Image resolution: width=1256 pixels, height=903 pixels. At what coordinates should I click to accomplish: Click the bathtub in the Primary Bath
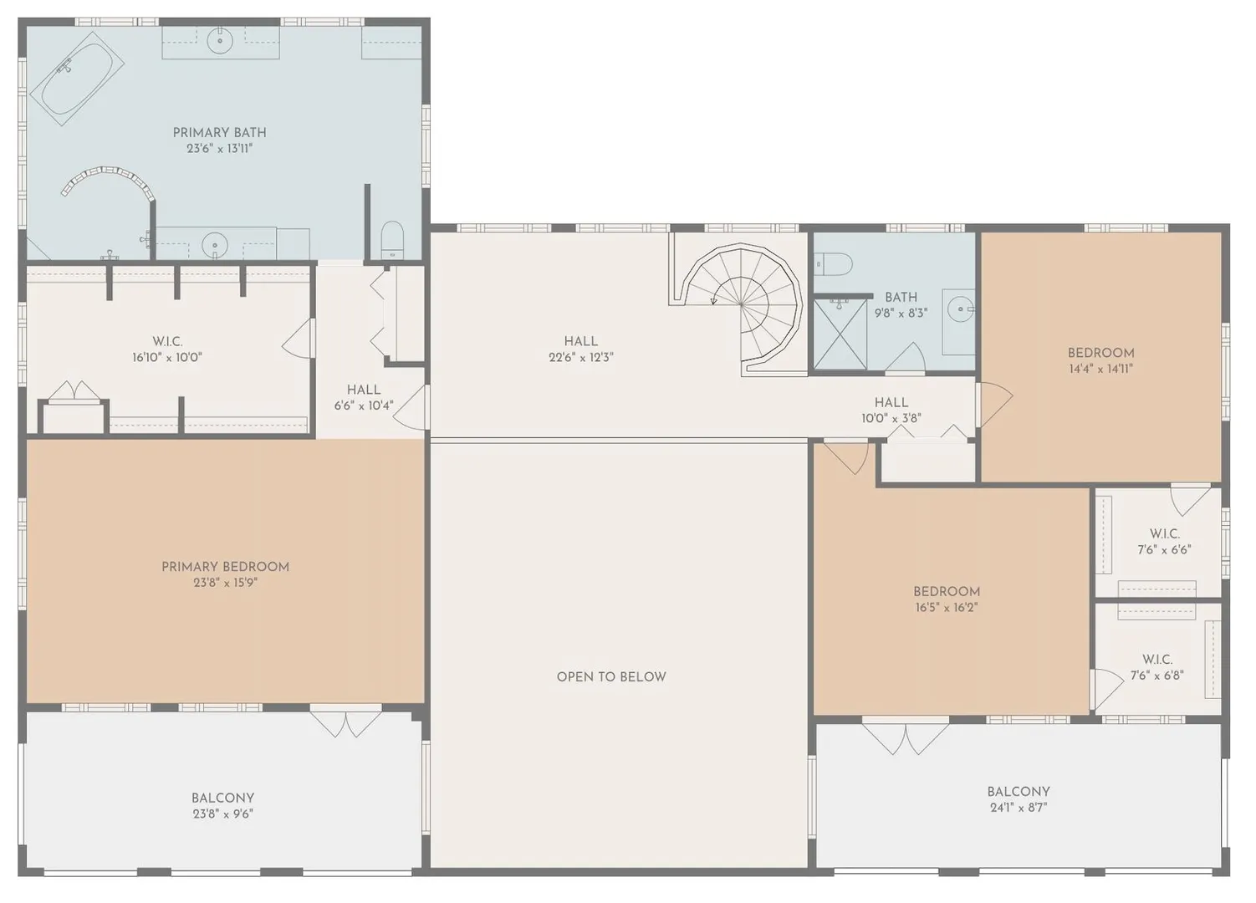[77, 79]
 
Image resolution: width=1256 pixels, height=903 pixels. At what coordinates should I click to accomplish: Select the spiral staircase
[741, 305]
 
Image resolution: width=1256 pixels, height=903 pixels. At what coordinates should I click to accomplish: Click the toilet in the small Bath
[833, 263]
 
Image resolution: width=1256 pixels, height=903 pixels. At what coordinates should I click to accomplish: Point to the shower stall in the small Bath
[840, 334]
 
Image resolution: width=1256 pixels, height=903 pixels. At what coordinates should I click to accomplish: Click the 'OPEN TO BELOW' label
[611, 677]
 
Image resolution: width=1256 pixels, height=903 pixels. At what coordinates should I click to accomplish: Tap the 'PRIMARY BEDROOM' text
[226, 567]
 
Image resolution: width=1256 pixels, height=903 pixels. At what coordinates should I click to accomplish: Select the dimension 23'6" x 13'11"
[220, 149]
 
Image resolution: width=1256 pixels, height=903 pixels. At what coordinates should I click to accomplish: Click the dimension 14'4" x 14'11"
[1100, 369]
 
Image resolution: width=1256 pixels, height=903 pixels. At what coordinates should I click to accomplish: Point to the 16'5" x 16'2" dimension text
[947, 607]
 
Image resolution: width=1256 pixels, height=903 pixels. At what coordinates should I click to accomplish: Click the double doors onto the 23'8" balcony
[346, 724]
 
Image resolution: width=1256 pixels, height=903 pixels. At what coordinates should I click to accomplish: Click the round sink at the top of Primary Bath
[221, 40]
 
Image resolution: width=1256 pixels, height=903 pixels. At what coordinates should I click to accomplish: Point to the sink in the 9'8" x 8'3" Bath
[961, 309]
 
